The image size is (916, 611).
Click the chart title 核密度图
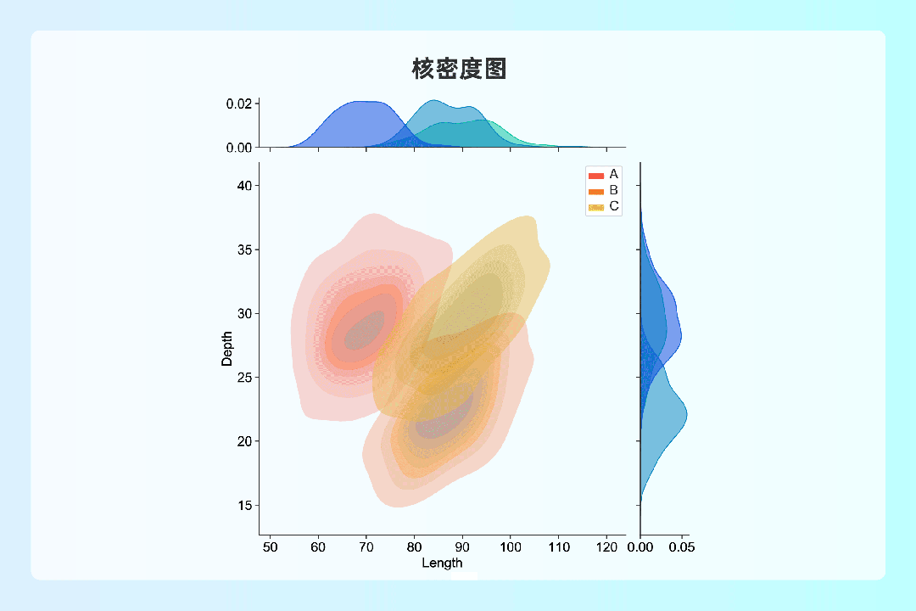click(459, 69)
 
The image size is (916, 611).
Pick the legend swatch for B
click(596, 192)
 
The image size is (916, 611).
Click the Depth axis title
click(226, 349)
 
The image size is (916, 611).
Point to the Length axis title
click(442, 563)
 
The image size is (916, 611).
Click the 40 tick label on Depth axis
click(245, 186)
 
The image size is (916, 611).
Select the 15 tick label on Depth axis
click(245, 506)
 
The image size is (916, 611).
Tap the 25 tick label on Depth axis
click(245, 378)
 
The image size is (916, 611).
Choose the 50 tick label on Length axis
click(270, 547)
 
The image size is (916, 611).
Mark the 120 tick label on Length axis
click(606, 547)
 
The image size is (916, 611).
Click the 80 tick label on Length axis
click(414, 547)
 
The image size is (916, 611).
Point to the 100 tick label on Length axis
click(510, 547)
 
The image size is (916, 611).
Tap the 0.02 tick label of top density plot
click(239, 104)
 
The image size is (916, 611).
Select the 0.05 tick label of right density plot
click(682, 547)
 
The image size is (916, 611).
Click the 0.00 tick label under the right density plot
click(640, 547)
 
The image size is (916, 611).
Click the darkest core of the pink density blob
click(366, 332)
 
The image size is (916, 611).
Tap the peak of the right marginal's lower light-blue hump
click(687, 414)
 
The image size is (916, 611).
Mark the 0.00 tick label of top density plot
click(239, 148)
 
